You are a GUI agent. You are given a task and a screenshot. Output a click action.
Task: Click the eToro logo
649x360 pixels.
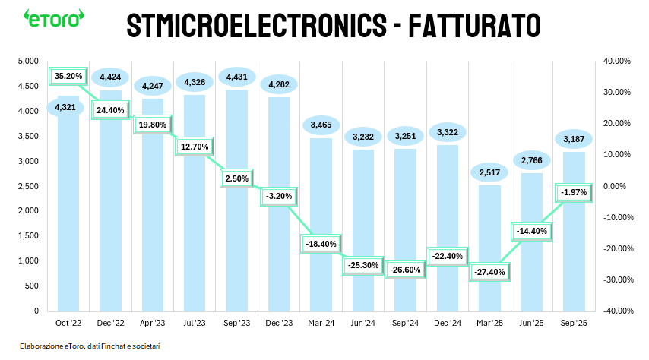tap(52, 18)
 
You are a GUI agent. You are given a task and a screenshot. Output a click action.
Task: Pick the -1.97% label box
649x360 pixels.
tap(573, 193)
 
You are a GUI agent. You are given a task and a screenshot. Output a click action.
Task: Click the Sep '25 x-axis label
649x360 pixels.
tap(573, 323)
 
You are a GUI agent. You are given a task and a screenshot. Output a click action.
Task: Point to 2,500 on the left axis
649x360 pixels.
tap(28, 186)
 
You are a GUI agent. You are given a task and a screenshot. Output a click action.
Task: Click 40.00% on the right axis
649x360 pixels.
tap(616, 61)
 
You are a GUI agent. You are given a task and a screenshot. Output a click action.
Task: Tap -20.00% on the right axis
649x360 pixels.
tap(616, 248)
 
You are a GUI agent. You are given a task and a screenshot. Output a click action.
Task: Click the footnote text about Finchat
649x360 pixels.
tap(90, 346)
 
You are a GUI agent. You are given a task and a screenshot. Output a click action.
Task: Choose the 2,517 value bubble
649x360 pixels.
tap(489, 173)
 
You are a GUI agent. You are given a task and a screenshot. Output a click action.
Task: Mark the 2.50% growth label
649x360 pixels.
tap(235, 178)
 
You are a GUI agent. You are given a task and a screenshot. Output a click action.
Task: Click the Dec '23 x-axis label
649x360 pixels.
tap(278, 323)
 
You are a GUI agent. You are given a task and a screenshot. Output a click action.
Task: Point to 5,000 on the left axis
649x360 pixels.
tap(28, 61)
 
